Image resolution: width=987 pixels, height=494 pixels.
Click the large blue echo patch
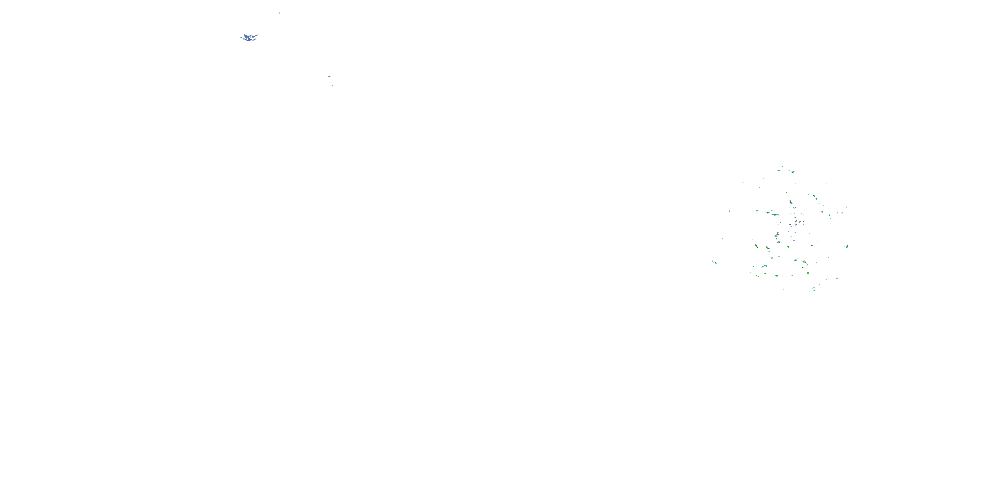249,38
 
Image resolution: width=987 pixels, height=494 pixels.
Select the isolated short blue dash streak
330,76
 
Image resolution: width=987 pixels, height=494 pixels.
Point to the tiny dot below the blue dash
332,85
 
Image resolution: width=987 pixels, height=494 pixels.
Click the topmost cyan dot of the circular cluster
782,167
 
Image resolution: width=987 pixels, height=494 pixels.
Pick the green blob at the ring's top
792,172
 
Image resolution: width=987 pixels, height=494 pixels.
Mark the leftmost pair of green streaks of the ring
714,262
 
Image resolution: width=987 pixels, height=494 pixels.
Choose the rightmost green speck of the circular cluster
847,246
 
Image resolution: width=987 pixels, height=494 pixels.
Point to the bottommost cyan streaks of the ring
812,289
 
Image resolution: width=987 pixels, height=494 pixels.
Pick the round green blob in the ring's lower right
808,273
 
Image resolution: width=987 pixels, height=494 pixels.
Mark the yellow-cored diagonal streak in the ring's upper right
815,197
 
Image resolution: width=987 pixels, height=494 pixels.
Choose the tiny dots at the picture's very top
274,13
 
